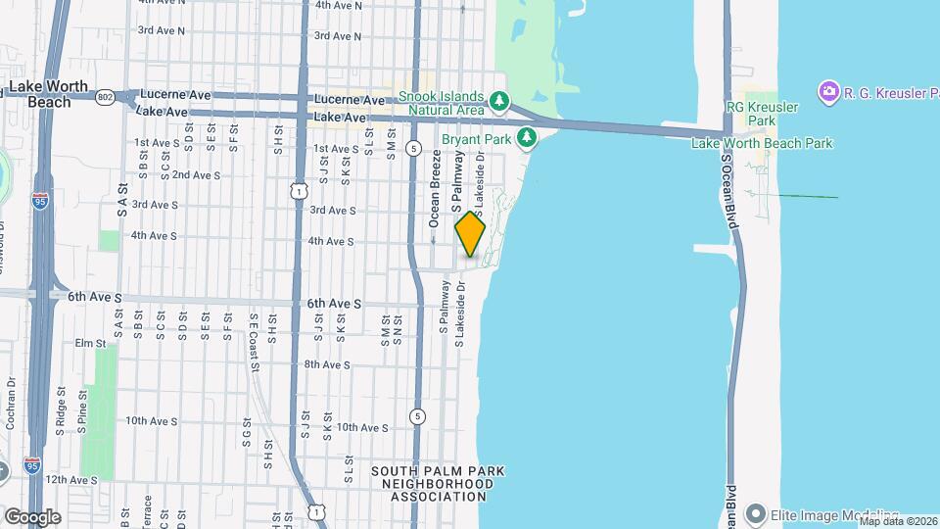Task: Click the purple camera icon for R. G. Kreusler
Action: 829,91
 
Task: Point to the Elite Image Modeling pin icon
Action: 755,513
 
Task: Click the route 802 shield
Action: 106,95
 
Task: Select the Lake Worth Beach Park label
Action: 762,143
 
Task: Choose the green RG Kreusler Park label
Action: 763,113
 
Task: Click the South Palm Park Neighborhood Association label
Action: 437,484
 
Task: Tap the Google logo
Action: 32,516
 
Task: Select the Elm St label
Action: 89,344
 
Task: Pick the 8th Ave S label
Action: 327,364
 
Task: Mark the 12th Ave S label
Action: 70,480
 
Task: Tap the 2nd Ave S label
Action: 196,175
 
